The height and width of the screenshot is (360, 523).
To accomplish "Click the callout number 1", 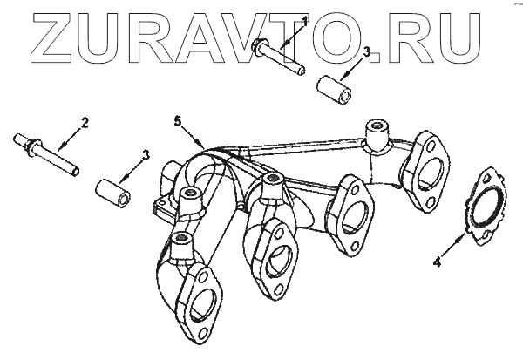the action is click(x=304, y=18).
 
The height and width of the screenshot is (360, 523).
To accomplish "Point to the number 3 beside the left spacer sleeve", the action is click(x=146, y=155).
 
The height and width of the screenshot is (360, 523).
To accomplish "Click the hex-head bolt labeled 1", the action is click(x=277, y=58).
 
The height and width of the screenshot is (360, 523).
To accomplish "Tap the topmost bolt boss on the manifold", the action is click(x=376, y=129).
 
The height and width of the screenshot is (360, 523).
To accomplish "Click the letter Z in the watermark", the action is click(x=50, y=36).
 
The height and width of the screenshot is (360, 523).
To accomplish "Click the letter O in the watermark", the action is click(x=370, y=36).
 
